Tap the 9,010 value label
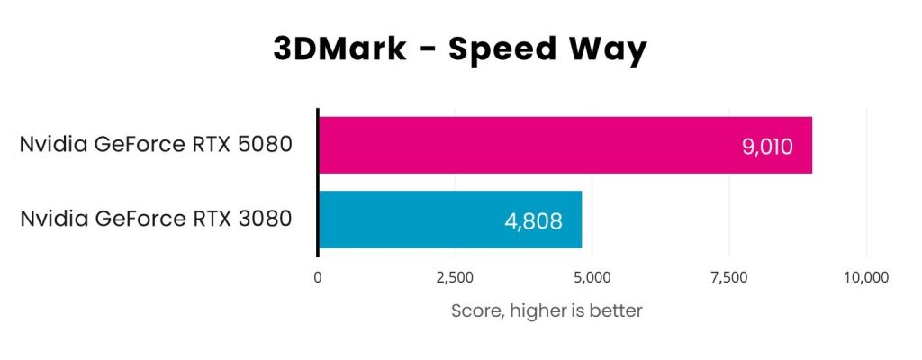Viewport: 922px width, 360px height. [767, 146]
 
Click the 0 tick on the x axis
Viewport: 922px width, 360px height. [318, 278]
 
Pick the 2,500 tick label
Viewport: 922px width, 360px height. [455, 278]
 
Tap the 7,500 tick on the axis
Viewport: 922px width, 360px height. [729, 278]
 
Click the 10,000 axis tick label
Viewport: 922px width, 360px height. [866, 278]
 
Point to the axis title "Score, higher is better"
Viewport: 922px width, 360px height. [546, 311]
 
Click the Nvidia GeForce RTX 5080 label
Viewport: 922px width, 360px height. [156, 145]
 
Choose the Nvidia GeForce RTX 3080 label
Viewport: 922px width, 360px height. [156, 219]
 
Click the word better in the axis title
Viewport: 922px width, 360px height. [616, 311]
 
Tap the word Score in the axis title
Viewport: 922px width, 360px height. [475, 311]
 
